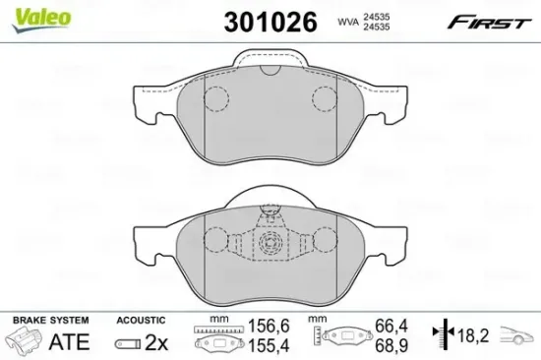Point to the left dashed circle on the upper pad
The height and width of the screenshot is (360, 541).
[x=215, y=97]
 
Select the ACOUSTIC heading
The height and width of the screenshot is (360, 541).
[x=140, y=321]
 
